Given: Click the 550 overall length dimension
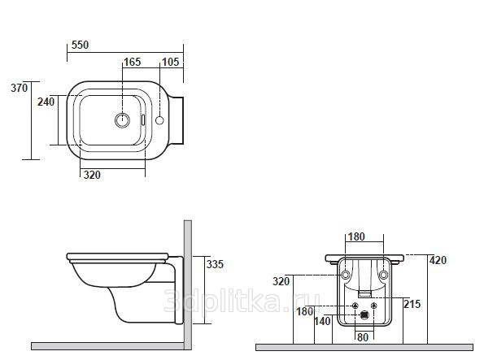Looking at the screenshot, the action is pyautogui.click(x=80, y=45).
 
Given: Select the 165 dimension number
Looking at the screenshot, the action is pyautogui.click(x=133, y=62).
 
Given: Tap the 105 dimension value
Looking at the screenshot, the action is pyautogui.click(x=170, y=62).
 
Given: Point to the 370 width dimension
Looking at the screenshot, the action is pyautogui.click(x=20, y=88).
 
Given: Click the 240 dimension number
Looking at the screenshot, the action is pyautogui.click(x=46, y=102).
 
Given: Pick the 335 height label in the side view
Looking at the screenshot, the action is pyautogui.click(x=215, y=264).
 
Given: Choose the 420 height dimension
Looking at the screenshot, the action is pyautogui.click(x=438, y=260).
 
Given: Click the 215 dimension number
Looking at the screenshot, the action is pyautogui.click(x=412, y=304).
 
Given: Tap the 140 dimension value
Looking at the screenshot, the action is pyautogui.click(x=323, y=322).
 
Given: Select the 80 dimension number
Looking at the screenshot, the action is pyautogui.click(x=363, y=337).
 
